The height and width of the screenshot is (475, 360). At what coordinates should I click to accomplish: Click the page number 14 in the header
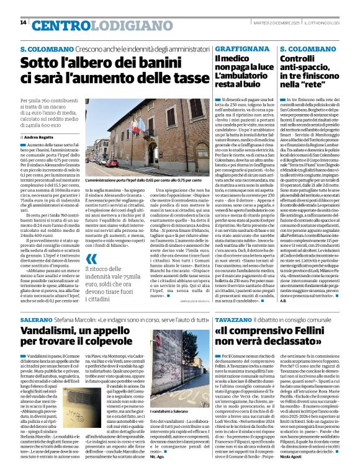point(24,23)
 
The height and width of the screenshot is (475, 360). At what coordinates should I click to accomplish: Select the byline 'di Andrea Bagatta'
point(38,136)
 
